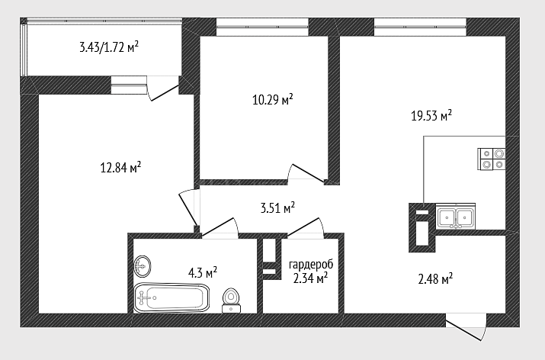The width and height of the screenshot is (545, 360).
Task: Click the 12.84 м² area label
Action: click(x=120, y=167)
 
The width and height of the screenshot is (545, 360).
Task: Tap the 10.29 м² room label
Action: click(x=273, y=99)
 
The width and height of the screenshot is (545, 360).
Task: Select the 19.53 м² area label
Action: click(x=431, y=115)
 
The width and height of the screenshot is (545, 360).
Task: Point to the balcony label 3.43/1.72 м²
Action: click(x=109, y=47)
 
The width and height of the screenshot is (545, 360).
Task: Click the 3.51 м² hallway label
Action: click(x=277, y=208)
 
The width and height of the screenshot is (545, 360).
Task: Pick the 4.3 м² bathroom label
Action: click(x=203, y=273)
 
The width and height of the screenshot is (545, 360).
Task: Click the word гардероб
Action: click(x=311, y=265)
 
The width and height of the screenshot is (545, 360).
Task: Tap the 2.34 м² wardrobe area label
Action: click(x=311, y=278)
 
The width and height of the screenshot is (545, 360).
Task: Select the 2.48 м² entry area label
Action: click(x=435, y=278)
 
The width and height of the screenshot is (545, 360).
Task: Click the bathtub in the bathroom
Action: click(x=172, y=298)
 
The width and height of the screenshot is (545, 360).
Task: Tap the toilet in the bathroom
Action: click(x=231, y=301)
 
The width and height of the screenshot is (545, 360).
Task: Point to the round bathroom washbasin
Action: click(x=143, y=266)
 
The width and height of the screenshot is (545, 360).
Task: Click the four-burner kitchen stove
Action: click(x=491, y=159)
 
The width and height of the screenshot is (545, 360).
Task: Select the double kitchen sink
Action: click(x=455, y=217)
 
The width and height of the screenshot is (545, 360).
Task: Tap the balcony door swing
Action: click(x=162, y=89)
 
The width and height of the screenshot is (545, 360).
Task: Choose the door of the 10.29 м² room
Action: click(x=307, y=173)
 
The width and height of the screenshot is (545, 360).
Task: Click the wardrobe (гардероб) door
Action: click(x=305, y=228)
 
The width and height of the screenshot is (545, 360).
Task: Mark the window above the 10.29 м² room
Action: click(x=262, y=27)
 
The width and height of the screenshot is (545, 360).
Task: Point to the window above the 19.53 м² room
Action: click(x=420, y=27)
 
